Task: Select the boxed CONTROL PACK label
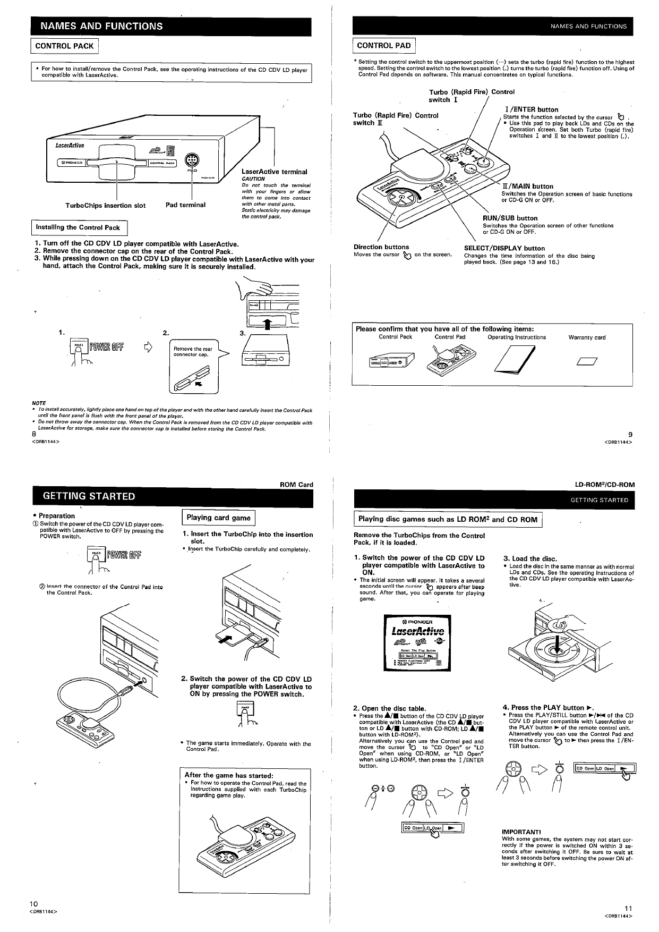(64, 46)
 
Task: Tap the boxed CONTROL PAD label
(384, 46)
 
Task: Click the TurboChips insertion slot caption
(105, 205)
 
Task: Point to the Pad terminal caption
(185, 205)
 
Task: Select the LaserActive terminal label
(274, 172)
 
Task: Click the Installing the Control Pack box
(78, 227)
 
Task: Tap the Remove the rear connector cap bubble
(193, 352)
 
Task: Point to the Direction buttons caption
(381, 247)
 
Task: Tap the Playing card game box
(218, 518)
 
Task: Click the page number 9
(630, 434)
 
